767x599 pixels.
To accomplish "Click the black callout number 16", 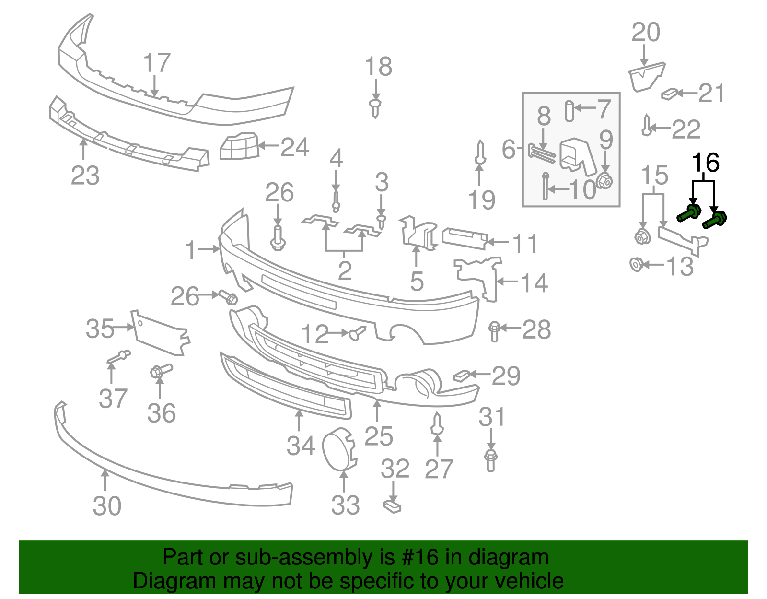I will coord(706,163).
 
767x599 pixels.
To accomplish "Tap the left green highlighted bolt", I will coord(689,213).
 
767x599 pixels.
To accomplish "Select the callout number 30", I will coord(107,506).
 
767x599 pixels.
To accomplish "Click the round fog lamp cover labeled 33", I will coord(339,449).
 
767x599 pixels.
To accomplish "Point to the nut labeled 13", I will coord(636,264).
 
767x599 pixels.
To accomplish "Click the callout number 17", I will coord(157,63).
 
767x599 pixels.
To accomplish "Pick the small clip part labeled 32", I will coord(392,506).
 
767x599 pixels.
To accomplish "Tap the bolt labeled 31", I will coord(490,460).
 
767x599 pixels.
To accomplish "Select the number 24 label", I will coord(294,147).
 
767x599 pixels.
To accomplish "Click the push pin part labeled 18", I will coord(375,108).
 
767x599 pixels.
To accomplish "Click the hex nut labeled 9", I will coord(605,182).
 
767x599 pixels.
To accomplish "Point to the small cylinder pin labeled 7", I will coord(569,111).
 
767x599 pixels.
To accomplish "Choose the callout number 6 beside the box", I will coord(508,149).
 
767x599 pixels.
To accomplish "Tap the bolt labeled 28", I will coord(494,331).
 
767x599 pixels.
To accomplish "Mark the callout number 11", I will coord(525,244).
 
